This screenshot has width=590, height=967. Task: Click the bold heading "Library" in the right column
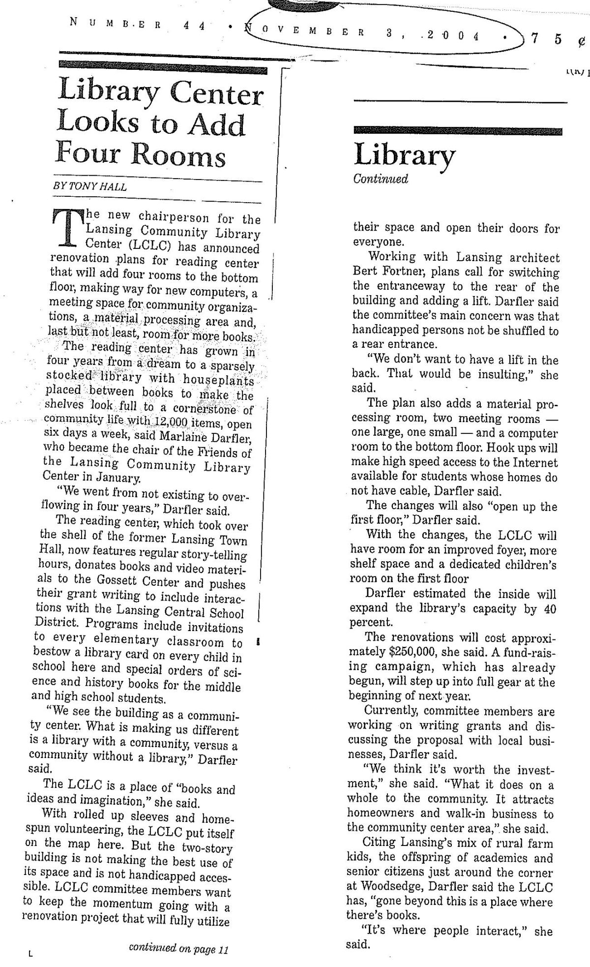click(404, 155)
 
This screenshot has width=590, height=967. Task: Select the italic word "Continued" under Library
click(381, 179)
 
